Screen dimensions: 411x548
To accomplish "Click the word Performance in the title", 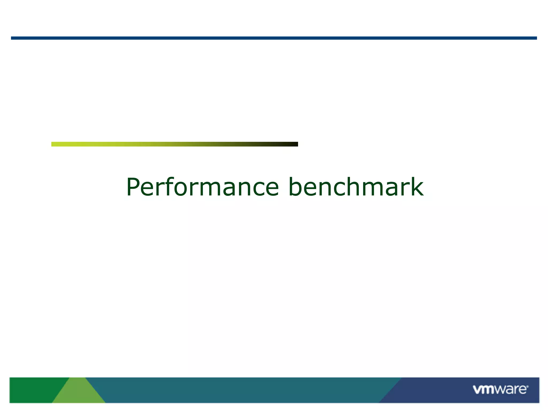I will [x=203, y=187].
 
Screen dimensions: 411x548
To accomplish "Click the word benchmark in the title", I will [x=356, y=187].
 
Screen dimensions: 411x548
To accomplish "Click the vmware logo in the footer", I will [x=500, y=390].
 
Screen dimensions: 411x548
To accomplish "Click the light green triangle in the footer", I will [x=78, y=393].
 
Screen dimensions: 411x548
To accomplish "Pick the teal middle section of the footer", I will [x=241, y=390].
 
